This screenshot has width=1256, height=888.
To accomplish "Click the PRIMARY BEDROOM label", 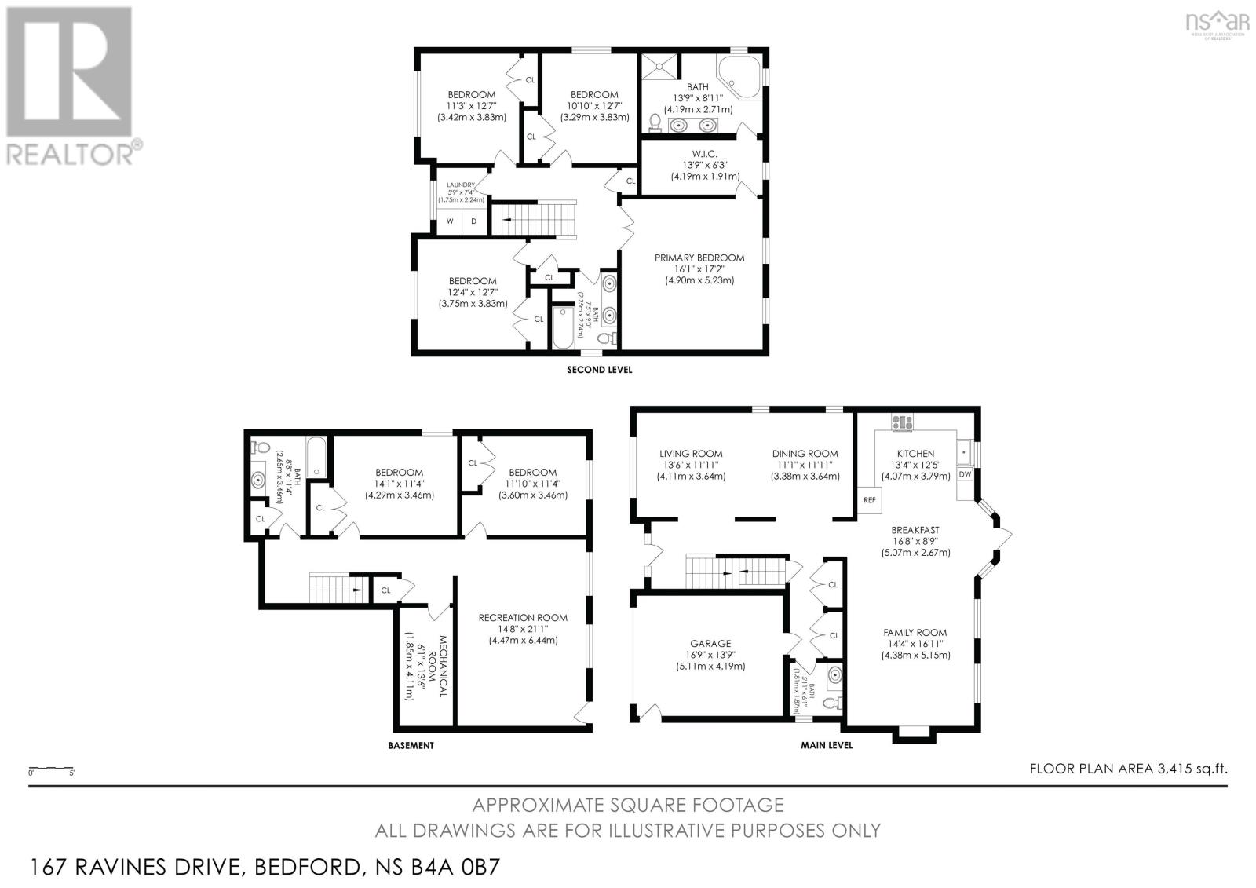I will pos(699,258).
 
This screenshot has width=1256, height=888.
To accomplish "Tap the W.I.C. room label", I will pos(704,153).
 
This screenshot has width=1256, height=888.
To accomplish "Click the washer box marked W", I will pos(450,221).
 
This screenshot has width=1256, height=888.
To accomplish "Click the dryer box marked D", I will pos(474,221).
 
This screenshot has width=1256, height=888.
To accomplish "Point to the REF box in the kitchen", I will pos(869,500).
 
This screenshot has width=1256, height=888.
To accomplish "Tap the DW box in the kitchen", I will pos(965,474).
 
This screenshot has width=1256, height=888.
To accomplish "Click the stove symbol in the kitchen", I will pos(901,422).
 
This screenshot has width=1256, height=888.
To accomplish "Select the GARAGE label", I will pos(710,643).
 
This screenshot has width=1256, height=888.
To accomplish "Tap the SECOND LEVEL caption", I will pos(599,369).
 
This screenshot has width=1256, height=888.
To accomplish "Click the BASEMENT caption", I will pos(411,745).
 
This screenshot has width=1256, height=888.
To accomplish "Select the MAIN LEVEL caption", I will pos(826,745).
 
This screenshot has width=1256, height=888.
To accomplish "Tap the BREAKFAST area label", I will pos(915,530).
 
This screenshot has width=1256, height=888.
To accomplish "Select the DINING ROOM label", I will pos(805,454).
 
